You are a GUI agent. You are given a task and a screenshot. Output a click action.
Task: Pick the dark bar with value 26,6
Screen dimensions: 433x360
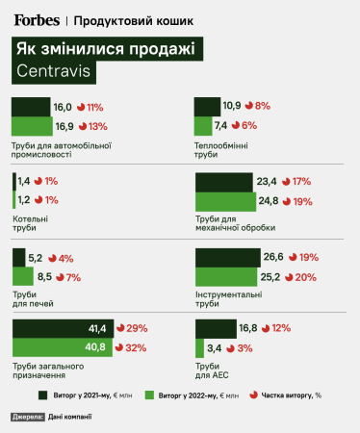click(x=227, y=257)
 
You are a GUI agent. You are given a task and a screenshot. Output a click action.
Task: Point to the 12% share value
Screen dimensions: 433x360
click(x=280, y=328)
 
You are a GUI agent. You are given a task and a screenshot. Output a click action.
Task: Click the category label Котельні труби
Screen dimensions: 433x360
click(x=28, y=223)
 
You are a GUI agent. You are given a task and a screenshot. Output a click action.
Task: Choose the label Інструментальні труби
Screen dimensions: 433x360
click(x=229, y=299)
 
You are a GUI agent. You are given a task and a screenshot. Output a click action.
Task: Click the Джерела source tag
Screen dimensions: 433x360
click(x=26, y=417)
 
